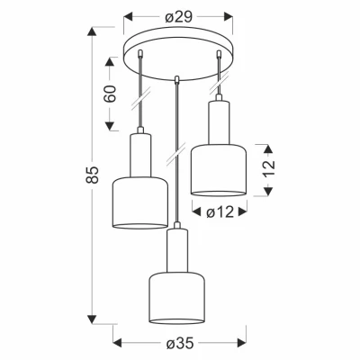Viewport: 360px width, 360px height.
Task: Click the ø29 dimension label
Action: (178, 17)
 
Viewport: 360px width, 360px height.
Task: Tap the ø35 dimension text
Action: (180, 344)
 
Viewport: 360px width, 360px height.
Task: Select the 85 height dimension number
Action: (93, 175)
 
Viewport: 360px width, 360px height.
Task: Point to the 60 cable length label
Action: (110, 94)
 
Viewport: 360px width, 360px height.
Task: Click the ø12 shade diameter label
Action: (220, 212)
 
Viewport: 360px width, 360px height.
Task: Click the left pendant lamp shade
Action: (140, 203)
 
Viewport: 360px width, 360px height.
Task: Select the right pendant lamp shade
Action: (219, 170)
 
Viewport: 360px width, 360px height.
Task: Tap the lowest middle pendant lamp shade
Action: (177, 298)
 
